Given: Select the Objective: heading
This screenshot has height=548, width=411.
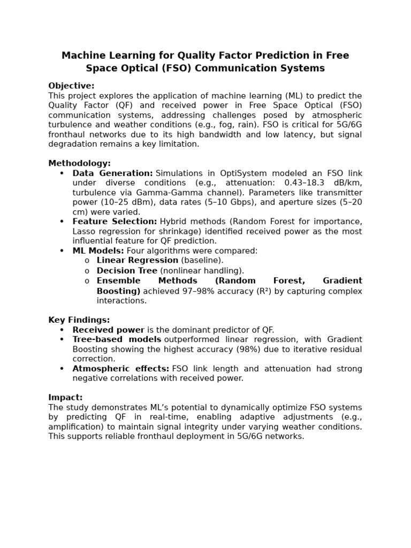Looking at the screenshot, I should tap(71, 86).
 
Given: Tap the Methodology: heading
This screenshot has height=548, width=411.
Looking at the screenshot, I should tap(79, 163).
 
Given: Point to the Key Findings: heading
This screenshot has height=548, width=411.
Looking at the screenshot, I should tap(79, 320).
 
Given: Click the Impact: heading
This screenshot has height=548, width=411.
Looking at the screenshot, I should tap(65, 398).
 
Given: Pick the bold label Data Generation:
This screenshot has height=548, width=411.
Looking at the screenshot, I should tap(113, 173).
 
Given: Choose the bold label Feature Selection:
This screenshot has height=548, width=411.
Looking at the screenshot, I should tap(115, 222).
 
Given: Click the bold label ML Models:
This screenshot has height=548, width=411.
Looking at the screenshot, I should tap(98, 250).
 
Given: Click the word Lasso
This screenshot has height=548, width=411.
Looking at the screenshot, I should tap(84, 231).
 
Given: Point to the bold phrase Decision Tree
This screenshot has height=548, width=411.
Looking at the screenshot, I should tap(127, 271).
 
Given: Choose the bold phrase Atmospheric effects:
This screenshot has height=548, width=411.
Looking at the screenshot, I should tap(121, 369).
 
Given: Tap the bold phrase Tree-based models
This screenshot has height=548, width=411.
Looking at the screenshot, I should tap(117, 339).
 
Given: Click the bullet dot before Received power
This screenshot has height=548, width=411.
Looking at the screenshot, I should tap(62, 330).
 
